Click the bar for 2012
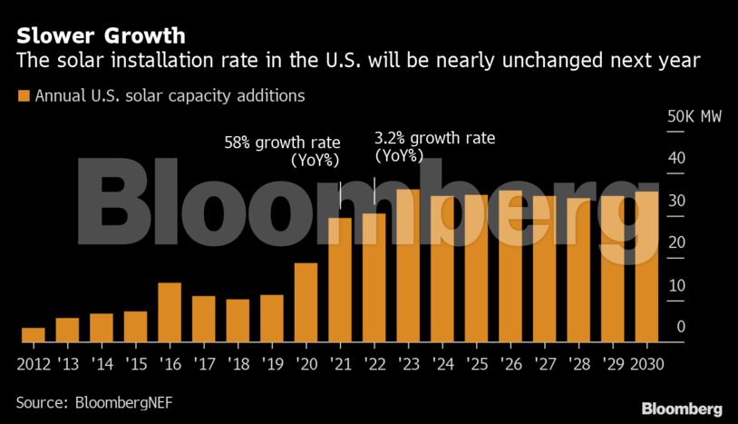33,334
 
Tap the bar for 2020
306,302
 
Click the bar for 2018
238,320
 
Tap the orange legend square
23,95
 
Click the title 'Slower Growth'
101,36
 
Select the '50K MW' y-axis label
694,117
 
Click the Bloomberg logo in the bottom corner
681,408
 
